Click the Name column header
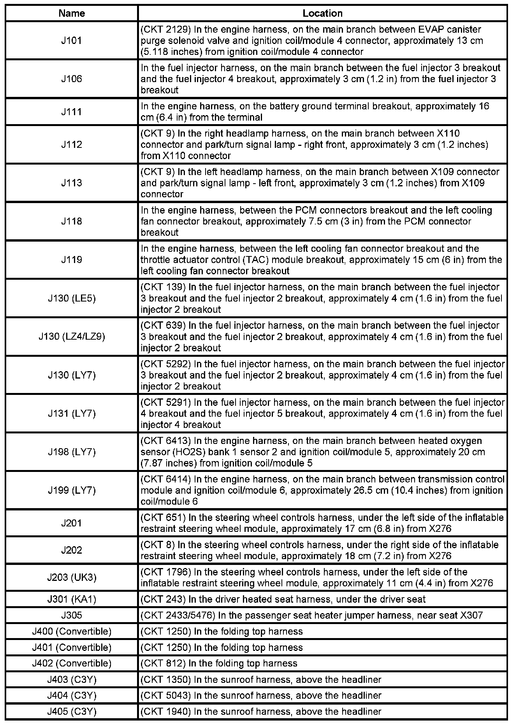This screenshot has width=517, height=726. click(72, 13)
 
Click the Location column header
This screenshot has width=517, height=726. click(322, 13)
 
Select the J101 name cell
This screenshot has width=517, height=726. click(72, 40)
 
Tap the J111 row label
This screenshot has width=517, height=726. click(72, 112)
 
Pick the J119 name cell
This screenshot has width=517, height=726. click(72, 260)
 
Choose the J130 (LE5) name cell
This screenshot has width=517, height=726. click(72, 298)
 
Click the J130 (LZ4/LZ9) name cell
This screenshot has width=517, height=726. click(72, 337)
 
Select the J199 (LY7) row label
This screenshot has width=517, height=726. click(72, 490)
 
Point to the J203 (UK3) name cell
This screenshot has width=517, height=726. click(72, 577)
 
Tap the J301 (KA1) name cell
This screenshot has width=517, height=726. click(72, 599)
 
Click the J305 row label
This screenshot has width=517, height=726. click(72, 615)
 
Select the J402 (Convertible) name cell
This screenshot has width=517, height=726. click(72, 663)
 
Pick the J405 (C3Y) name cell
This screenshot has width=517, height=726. click(72, 712)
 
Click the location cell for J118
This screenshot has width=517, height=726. click(322, 221)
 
